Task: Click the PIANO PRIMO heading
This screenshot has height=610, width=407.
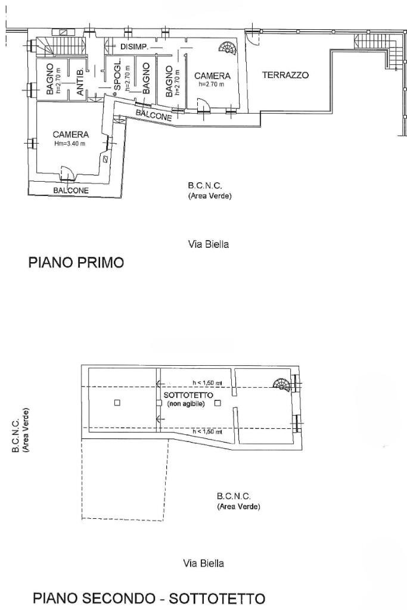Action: point(76,262)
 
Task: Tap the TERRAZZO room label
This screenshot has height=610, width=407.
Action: point(285,76)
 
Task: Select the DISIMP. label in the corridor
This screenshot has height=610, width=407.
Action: point(134,46)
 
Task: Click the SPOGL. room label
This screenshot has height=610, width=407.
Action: point(117,76)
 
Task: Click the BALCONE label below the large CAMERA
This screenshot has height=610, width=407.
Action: point(71,191)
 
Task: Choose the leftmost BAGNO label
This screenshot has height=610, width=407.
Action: point(49,80)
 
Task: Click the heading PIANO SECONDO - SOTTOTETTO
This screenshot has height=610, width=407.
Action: point(149,597)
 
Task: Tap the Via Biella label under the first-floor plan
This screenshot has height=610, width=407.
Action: point(208,244)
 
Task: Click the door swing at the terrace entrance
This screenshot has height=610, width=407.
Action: point(253,39)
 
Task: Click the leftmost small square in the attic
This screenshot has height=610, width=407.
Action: point(117,403)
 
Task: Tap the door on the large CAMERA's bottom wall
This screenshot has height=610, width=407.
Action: point(69,173)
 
